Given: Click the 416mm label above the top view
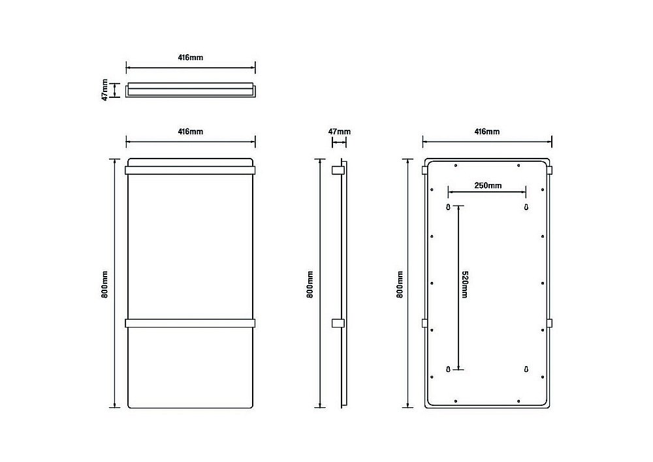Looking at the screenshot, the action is pos(190,57).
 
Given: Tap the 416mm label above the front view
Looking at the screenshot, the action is pos(190,132).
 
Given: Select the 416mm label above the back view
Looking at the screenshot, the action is pos(487,132).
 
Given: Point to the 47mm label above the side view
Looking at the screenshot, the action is pos(340,132).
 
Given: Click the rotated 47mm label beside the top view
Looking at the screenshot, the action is pos(104,89).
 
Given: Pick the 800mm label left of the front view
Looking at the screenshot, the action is pos(104,285).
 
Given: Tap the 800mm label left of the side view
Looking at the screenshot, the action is pos(310,285).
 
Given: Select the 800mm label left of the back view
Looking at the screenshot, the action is pos(400,285).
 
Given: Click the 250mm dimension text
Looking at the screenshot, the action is pos(488,185).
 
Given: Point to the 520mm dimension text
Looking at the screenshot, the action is pos(465,285).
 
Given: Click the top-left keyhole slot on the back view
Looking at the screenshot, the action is pos(448,207).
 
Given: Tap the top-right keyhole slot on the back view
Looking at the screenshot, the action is pos(526,207).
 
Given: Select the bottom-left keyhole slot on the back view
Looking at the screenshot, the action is pos(448,369).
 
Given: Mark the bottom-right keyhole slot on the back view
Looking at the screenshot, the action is pos(526,369).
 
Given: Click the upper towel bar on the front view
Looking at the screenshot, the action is pos(190,170).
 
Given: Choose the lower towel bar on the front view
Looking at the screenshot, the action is pos(190,324).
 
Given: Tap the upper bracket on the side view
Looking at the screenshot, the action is pos(338,170).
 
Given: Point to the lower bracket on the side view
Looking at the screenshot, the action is pos(338,324).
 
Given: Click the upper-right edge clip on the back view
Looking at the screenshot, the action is pos(549,170).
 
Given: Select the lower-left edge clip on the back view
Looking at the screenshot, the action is pos(424,324).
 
